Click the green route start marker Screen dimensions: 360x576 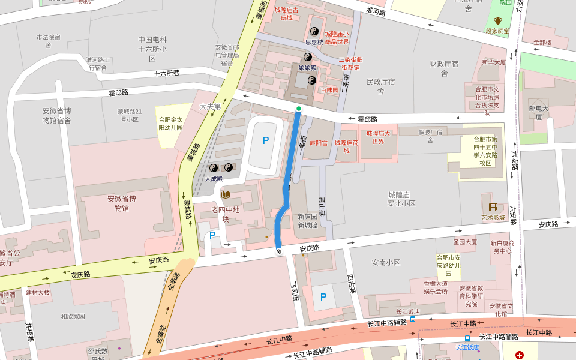(x=299, y=109)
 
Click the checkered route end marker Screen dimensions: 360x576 (x=279, y=251)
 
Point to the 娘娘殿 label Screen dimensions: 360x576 (x=307, y=68)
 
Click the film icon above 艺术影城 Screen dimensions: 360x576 (x=493, y=207)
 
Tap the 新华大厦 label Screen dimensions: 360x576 (x=494, y=62)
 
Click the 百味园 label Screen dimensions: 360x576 (x=329, y=89)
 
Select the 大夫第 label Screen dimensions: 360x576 (x=210, y=106)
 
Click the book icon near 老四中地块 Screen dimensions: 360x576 (x=226, y=194)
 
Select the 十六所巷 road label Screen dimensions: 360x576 (x=166, y=73)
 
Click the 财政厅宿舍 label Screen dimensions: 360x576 (x=445, y=68)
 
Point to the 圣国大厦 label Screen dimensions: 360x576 (x=465, y=242)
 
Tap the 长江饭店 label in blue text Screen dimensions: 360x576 (x=467, y=347)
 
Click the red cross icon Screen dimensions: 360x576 (x=520, y=355)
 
